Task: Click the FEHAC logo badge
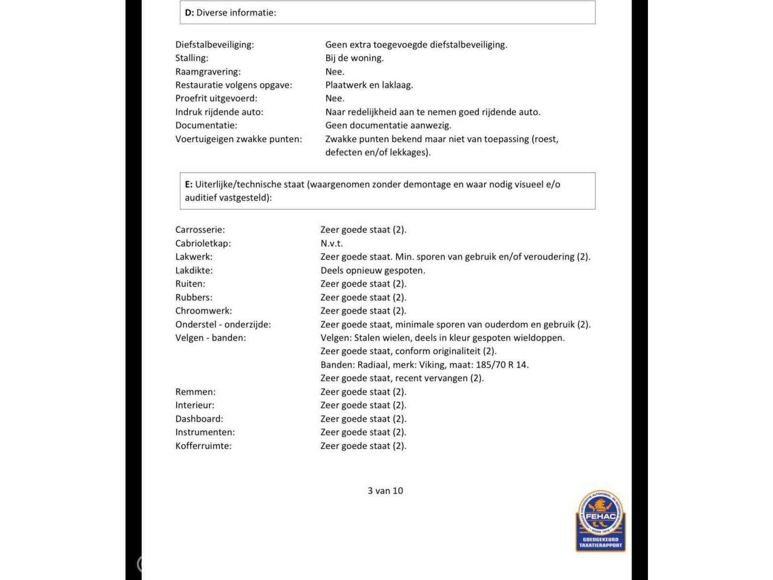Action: [x=600, y=521]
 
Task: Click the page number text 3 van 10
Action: [x=385, y=491]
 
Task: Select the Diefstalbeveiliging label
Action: [x=214, y=44]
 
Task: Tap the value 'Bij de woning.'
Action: [x=354, y=58]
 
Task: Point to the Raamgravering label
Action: [x=208, y=72]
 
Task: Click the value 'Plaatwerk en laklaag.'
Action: [x=369, y=85]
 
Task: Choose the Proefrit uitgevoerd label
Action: [x=216, y=98]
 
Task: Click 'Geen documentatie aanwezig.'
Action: [x=388, y=125]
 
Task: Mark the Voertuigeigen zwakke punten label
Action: [x=238, y=139]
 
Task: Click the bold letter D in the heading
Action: [x=189, y=13]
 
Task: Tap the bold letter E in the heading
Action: [x=188, y=184]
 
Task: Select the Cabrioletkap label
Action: [x=203, y=243]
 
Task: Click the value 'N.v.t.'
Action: [x=331, y=243]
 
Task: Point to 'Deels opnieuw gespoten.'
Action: [x=372, y=271]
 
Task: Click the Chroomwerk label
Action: [x=203, y=311]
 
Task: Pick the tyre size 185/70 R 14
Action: [x=502, y=365]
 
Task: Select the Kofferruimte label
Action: [x=203, y=446]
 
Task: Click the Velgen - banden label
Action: [x=210, y=338]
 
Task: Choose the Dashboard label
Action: [x=199, y=419]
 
